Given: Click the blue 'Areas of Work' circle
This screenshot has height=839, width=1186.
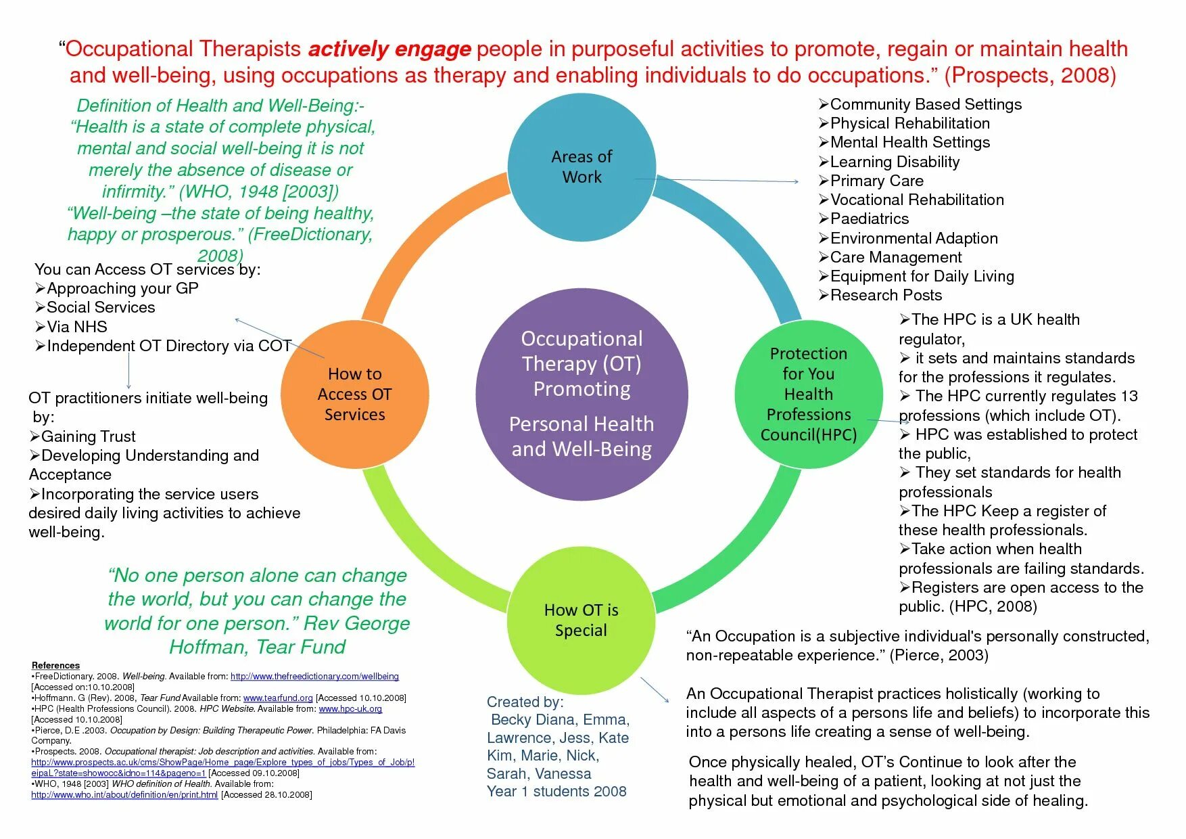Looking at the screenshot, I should pyautogui.click(x=582, y=166).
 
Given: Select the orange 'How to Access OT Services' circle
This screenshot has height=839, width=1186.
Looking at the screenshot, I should pyautogui.click(x=354, y=394).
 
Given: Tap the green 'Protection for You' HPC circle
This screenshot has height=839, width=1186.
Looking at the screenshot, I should pyautogui.click(x=808, y=394).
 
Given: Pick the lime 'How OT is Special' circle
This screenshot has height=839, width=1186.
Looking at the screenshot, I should pyautogui.click(x=581, y=620).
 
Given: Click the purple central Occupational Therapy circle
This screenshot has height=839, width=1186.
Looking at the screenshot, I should pyautogui.click(x=582, y=394).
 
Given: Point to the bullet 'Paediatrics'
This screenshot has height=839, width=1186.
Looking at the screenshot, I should pyautogui.click(x=869, y=219).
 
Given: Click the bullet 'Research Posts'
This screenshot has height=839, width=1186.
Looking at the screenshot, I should pyautogui.click(x=885, y=295).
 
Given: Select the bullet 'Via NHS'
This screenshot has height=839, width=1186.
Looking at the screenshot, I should pyautogui.click(x=76, y=327).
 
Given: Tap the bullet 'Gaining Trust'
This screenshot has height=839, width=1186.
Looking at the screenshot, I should pyautogui.click(x=88, y=436).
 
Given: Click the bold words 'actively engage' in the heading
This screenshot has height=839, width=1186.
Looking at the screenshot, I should pyautogui.click(x=389, y=49).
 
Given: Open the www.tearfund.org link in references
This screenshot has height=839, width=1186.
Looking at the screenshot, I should pyautogui.click(x=278, y=698).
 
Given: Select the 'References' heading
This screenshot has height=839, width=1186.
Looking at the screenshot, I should pyautogui.click(x=55, y=665).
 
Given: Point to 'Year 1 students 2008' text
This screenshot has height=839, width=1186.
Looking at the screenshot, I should pyautogui.click(x=556, y=791).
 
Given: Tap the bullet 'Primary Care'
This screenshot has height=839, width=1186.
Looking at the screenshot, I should pyautogui.click(x=876, y=181).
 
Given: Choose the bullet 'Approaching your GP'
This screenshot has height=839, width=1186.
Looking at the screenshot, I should pyautogui.click(x=122, y=288).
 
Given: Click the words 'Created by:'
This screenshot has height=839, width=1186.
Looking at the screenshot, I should pyautogui.click(x=525, y=702).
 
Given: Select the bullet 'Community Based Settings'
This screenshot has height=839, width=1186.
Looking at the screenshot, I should pyautogui.click(x=925, y=104).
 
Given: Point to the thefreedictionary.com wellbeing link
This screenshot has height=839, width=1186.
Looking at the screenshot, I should pyautogui.click(x=314, y=676).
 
